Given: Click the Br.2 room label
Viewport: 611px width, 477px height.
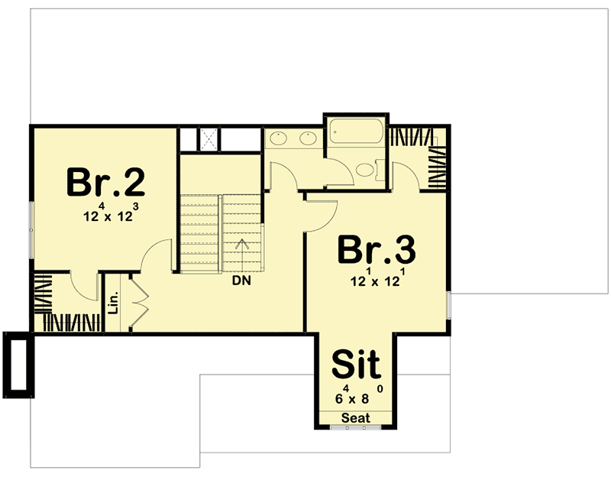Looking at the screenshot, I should pos(105,182).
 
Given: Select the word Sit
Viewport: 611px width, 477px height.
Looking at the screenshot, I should pos(356,365).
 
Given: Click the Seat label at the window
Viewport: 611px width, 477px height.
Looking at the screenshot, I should pos(355,418).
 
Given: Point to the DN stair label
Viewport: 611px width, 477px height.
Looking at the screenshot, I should pos(243,281).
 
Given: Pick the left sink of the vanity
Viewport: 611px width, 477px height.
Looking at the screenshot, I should pos(278,138).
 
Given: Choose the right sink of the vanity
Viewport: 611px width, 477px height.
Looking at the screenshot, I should pos(308,138).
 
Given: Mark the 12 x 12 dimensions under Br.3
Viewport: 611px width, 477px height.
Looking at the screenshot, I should pos(375,280).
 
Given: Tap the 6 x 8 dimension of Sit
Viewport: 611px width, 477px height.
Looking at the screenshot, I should pos(356,397).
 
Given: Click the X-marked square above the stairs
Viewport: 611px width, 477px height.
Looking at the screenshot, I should pos(209,138).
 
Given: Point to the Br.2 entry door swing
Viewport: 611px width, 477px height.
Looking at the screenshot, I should pos(159,256).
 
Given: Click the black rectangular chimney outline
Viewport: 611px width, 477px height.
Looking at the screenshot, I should pos(18,365).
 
